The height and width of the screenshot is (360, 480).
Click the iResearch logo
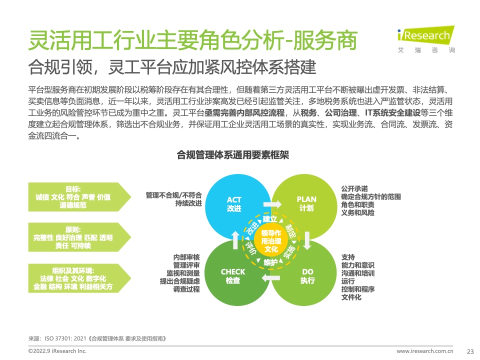click(426, 39)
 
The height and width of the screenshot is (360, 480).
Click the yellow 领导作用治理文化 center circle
click(271, 241)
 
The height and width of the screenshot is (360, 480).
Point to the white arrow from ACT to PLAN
click(272, 204)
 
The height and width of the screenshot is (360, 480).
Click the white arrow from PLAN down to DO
click(307, 240)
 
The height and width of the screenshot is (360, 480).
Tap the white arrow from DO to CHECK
click(270, 277)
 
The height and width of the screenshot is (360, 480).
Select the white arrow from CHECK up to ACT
click(235, 240)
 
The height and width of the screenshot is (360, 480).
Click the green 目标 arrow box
click(79, 197)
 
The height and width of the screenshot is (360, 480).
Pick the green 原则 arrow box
click(79, 237)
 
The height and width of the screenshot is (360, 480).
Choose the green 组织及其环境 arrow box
click(79, 278)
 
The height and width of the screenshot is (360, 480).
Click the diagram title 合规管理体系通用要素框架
click(233, 155)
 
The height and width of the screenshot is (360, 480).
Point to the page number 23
click(470, 351)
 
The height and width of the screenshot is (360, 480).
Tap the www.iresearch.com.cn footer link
click(425, 351)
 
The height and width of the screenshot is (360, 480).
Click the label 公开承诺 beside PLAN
click(354, 188)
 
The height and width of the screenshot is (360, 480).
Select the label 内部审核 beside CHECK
click(186, 257)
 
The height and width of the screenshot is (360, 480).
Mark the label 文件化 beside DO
click(351, 297)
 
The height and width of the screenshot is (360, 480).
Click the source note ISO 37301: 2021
click(65, 338)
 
